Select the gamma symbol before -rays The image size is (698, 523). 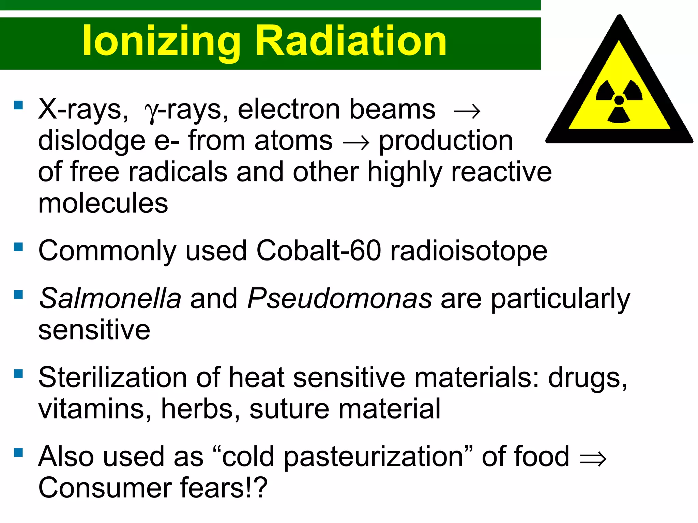[151, 111]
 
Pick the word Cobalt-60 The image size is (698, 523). [318, 251]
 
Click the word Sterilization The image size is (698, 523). [112, 378]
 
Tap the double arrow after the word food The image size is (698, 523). [593, 459]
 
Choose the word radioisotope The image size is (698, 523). [469, 251]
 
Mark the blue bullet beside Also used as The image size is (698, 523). [18, 453]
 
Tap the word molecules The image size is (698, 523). [103, 203]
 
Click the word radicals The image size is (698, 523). [178, 172]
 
